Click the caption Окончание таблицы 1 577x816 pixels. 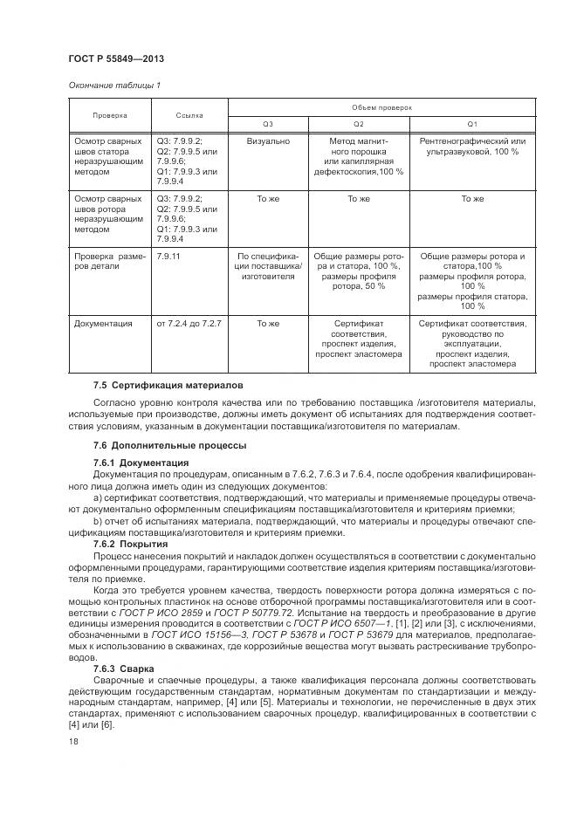click(x=113, y=85)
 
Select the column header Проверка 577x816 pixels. click(x=110, y=115)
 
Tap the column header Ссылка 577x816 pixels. click(x=189, y=115)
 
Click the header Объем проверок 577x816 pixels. click(x=381, y=106)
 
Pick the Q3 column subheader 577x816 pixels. click(x=267, y=124)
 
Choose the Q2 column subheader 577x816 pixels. click(x=358, y=124)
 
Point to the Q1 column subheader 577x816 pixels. click(x=472, y=124)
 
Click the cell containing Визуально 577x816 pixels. click(x=267, y=140)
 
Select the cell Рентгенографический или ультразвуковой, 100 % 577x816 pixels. click(x=472, y=146)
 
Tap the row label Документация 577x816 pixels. click(x=103, y=324)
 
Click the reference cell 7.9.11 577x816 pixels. click(x=168, y=257)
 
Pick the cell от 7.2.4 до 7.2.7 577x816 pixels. click(x=189, y=324)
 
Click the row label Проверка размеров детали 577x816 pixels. click(x=110, y=262)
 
